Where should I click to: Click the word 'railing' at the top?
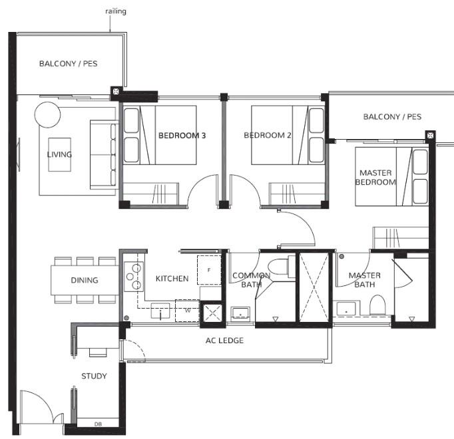[116, 11]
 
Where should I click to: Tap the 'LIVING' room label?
[59, 154]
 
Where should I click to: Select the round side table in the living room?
[47, 114]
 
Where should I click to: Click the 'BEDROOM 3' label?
[182, 136]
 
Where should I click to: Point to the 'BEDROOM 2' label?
[268, 136]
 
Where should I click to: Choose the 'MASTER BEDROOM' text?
[375, 177]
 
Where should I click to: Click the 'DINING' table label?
[85, 280]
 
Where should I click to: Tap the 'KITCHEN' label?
[172, 279]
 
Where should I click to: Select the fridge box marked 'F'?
[209, 269]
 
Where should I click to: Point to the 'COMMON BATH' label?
[250, 280]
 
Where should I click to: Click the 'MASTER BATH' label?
[364, 280]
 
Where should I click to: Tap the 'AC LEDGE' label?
[224, 341]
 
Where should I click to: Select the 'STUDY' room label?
[94, 376]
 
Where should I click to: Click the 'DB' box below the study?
[98, 423]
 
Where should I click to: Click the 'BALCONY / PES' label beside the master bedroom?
[392, 117]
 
